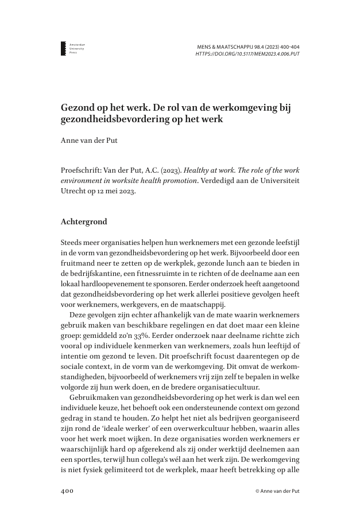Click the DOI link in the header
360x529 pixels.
tap(247, 54)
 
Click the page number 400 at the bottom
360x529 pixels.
tap(68, 492)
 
